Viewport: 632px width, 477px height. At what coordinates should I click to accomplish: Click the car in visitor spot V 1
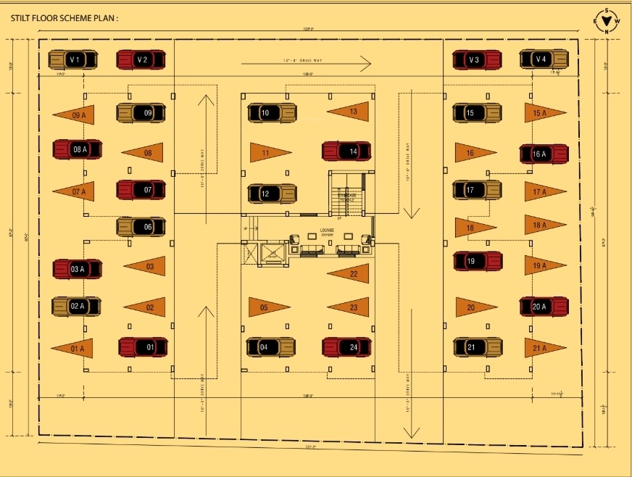(x=72, y=59)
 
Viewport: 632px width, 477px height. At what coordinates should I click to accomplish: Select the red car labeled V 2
(x=141, y=59)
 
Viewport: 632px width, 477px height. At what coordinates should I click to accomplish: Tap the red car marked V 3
(x=476, y=59)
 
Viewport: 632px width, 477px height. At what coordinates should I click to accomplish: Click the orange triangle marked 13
(x=349, y=112)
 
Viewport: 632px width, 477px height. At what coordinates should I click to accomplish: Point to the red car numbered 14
(x=346, y=152)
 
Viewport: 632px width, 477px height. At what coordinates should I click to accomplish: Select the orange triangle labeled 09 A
(x=75, y=115)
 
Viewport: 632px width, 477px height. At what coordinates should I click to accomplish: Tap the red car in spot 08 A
(x=77, y=149)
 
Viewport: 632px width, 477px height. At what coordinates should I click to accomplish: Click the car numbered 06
(x=141, y=227)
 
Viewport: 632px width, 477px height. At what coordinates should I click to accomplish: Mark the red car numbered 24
(x=346, y=347)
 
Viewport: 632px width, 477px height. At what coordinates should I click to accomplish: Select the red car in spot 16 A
(x=544, y=154)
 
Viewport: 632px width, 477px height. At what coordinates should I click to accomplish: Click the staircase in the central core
(x=349, y=194)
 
